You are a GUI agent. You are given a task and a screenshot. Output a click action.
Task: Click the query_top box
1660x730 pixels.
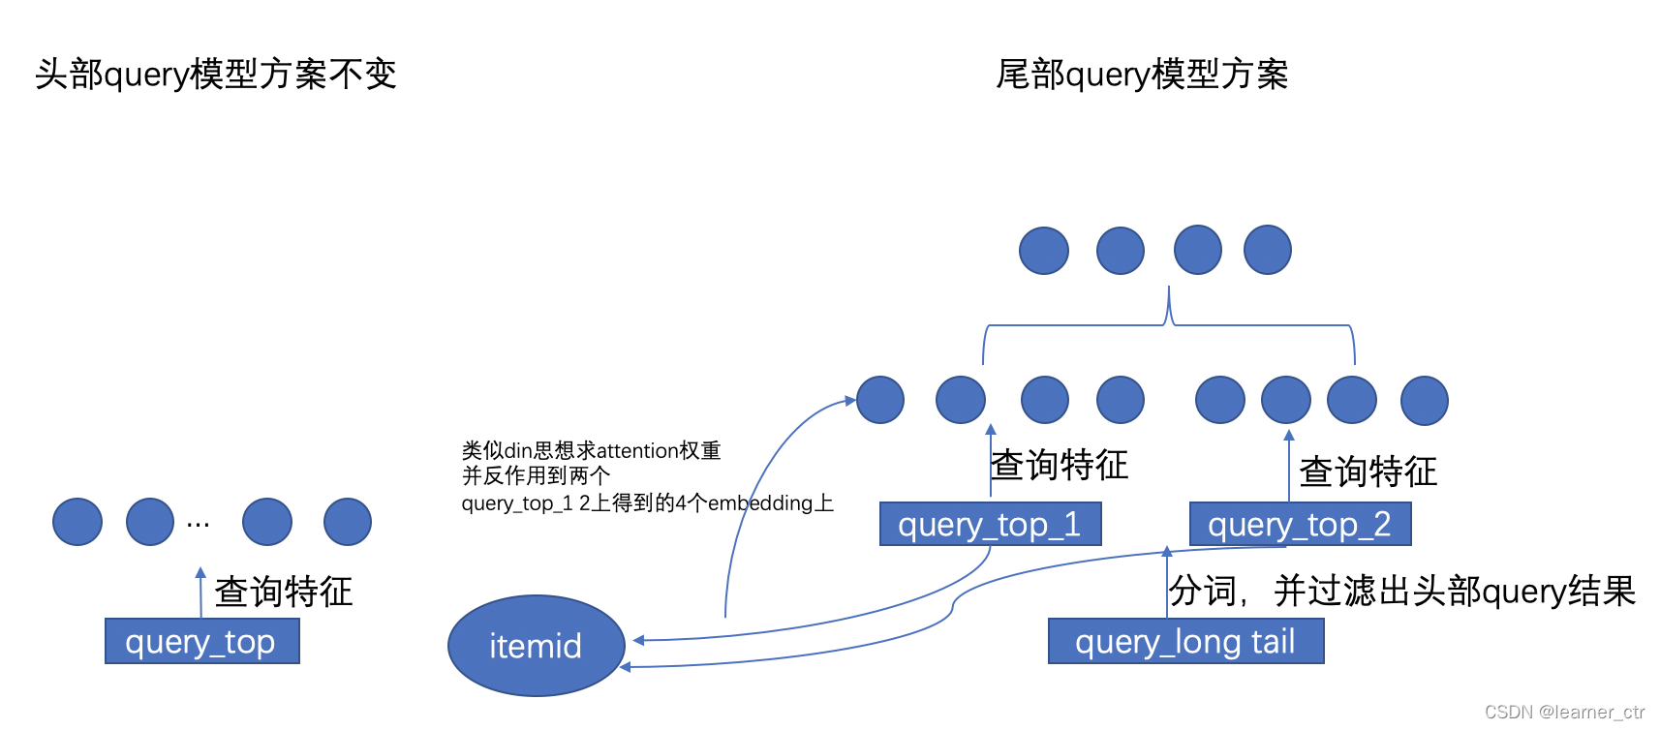click(201, 641)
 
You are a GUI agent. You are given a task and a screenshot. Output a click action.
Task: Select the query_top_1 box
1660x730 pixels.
click(990, 524)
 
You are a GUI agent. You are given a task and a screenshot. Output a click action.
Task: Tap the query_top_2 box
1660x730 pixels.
click(1300, 524)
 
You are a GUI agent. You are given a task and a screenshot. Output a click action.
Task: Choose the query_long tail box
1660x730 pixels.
click(1185, 641)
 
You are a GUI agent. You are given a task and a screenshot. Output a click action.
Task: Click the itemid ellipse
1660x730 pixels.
click(536, 646)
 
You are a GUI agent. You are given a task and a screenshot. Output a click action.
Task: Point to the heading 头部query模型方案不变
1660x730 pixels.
click(216, 75)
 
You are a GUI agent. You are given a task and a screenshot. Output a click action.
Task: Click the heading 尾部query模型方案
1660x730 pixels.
click(1142, 75)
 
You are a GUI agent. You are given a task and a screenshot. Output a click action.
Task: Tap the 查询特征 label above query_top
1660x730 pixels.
click(283, 592)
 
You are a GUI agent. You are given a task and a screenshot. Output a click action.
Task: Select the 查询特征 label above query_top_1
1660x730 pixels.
click(1060, 465)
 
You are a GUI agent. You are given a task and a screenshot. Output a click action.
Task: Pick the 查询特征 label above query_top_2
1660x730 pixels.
click(1368, 471)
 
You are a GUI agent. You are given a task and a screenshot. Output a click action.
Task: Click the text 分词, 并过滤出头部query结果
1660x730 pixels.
click(1401, 591)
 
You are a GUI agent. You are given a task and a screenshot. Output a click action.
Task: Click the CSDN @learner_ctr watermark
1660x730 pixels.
click(1564, 712)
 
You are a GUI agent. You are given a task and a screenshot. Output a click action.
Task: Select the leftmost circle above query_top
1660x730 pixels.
click(77, 522)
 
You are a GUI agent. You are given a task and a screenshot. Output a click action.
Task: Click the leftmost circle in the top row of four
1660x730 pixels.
click(1044, 251)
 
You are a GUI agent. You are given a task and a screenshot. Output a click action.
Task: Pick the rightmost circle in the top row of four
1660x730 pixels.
click(1268, 251)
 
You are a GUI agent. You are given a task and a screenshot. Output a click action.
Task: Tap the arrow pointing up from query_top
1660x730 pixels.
click(200, 592)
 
